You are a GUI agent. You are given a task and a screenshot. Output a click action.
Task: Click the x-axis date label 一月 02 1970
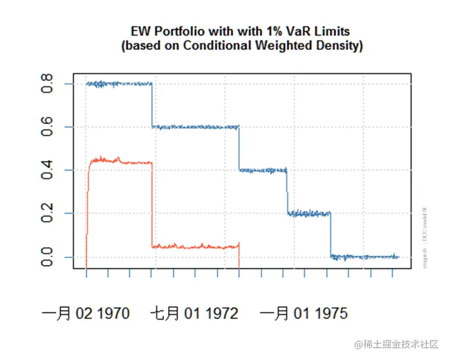click(86, 314)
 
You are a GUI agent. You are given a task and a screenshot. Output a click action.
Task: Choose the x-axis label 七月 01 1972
click(195, 314)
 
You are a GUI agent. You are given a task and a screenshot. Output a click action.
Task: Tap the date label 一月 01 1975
click(303, 314)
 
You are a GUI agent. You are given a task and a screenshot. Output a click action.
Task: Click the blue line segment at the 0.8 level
click(119, 84)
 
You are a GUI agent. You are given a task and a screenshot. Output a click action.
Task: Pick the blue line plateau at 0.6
click(196, 127)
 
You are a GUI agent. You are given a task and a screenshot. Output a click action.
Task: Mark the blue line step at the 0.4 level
click(263, 170)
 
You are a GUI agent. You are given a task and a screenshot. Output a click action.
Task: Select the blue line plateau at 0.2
click(309, 213)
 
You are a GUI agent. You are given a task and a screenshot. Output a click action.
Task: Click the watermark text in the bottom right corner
click(396, 345)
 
